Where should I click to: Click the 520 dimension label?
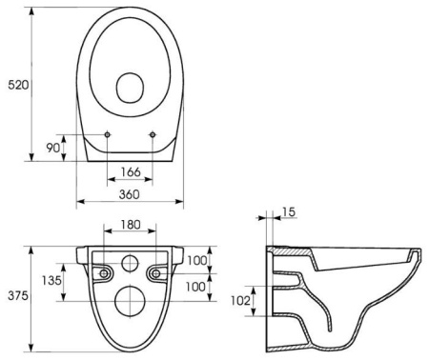18,85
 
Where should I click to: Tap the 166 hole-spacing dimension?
131,172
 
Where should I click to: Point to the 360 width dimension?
131,194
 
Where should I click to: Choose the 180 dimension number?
131,227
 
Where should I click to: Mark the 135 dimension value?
51,281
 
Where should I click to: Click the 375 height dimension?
16,296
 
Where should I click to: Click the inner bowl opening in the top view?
131,90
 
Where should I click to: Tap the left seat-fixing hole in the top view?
108,133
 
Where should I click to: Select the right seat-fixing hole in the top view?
153,133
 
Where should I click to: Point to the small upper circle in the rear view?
131,265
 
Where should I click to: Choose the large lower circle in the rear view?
131,301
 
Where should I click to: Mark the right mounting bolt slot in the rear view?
156,274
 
